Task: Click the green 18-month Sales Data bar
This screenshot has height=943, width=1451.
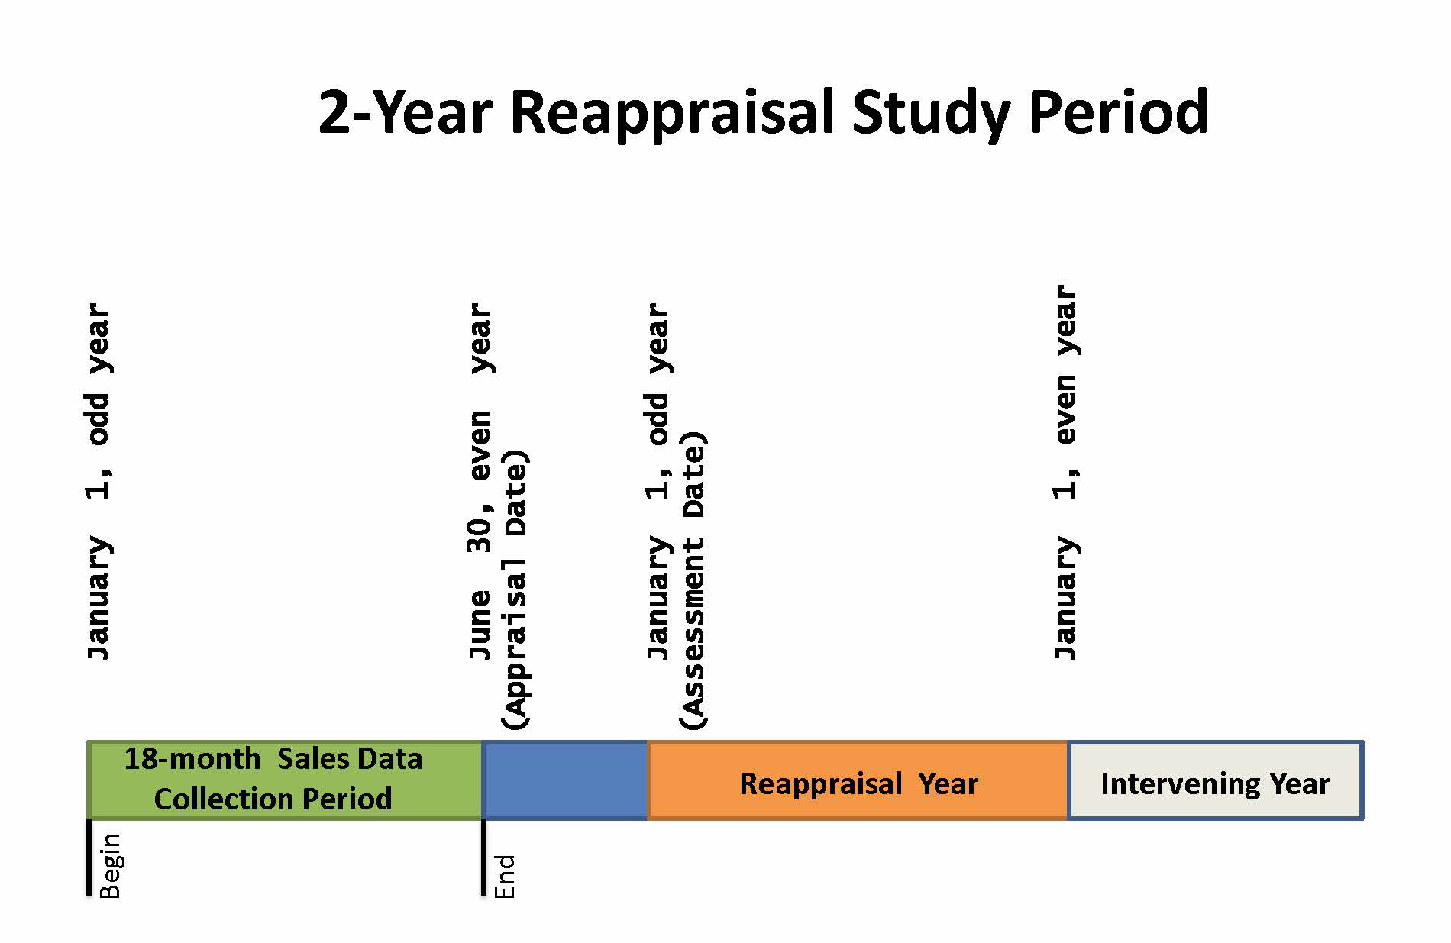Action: coord(285,780)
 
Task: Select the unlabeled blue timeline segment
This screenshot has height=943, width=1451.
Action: coord(565,780)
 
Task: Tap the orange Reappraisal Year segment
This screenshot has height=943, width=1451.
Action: coord(857,780)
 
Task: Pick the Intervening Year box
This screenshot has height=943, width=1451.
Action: coord(1215,780)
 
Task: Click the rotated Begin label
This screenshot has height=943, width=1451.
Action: coord(110,865)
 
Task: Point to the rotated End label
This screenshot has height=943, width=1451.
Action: coord(505,876)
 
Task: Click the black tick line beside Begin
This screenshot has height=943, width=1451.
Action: coord(89,857)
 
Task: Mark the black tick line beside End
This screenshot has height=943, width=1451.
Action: coord(484,857)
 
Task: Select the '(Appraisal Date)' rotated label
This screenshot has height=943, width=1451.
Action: coord(515,590)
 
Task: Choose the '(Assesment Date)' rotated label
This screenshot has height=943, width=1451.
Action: coord(693,580)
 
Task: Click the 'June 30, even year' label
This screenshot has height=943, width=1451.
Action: coord(480,481)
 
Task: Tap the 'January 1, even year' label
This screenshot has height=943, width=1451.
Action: coord(1065,472)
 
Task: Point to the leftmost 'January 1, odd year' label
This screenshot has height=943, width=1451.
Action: coord(99,481)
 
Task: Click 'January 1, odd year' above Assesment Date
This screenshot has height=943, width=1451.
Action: coord(658,481)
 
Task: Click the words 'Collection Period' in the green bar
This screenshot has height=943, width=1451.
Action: coord(273,799)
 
